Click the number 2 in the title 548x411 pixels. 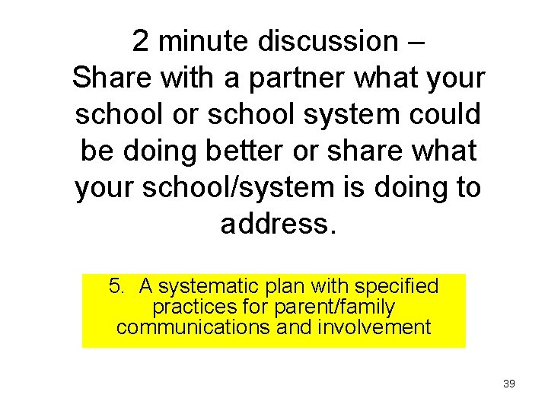pos(142,41)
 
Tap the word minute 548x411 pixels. pos(202,41)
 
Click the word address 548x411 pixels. pos(277,224)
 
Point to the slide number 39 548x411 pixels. pos(509,384)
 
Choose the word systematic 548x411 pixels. pos(209,287)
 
